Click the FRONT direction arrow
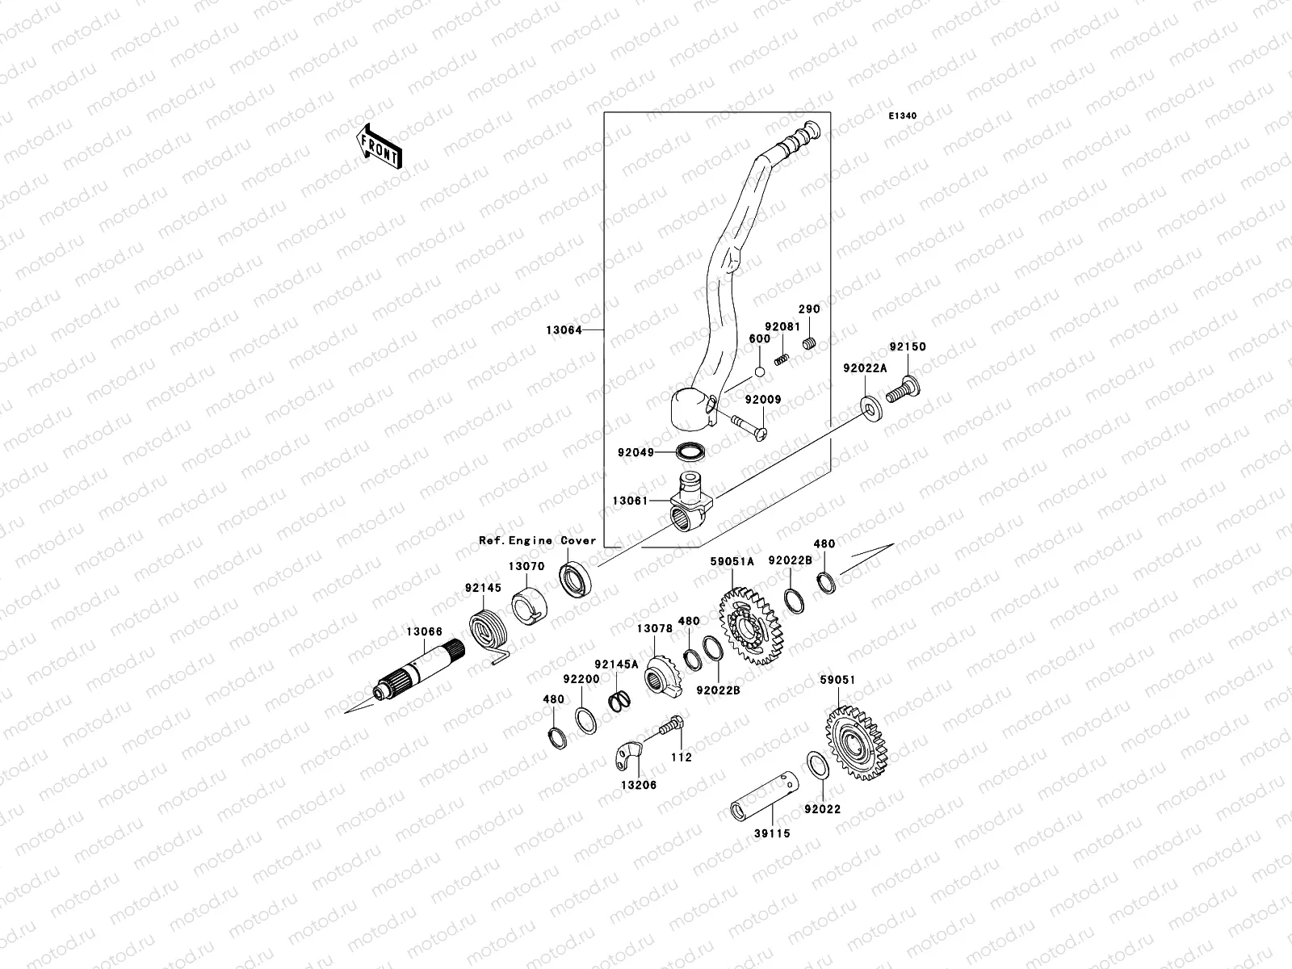(x=380, y=146)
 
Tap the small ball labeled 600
(x=759, y=372)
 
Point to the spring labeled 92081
(x=781, y=359)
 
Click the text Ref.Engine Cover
(x=537, y=541)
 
